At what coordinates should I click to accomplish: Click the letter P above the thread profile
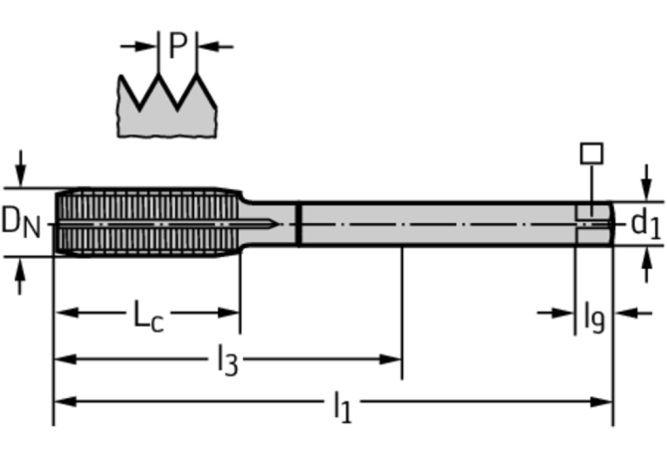[x=178, y=45]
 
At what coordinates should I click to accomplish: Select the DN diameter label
[x=21, y=222]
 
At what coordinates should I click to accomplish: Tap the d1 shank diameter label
[x=646, y=224]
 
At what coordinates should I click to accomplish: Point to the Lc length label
[x=148, y=316]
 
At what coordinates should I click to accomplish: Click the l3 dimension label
[x=228, y=360]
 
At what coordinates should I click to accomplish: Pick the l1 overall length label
[x=342, y=407]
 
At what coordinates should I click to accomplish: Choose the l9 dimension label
[x=594, y=318]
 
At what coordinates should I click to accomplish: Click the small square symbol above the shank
[x=591, y=153]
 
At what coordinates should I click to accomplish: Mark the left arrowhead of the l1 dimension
[x=66, y=401]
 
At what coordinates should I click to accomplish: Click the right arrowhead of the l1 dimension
[x=601, y=401]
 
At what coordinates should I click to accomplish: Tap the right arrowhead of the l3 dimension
[x=390, y=359]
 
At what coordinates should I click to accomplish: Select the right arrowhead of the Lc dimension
[x=228, y=313]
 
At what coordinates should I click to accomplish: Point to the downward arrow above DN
[x=21, y=168]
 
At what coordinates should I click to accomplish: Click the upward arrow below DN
[x=20, y=277]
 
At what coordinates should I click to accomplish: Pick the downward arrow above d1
[x=646, y=182]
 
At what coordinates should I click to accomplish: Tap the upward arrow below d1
[x=646, y=265]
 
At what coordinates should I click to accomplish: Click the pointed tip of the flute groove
[x=279, y=224]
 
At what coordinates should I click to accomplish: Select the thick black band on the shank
[x=299, y=225]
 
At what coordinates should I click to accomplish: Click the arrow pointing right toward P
[x=139, y=47]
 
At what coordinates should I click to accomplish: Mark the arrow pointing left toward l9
[x=633, y=314]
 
